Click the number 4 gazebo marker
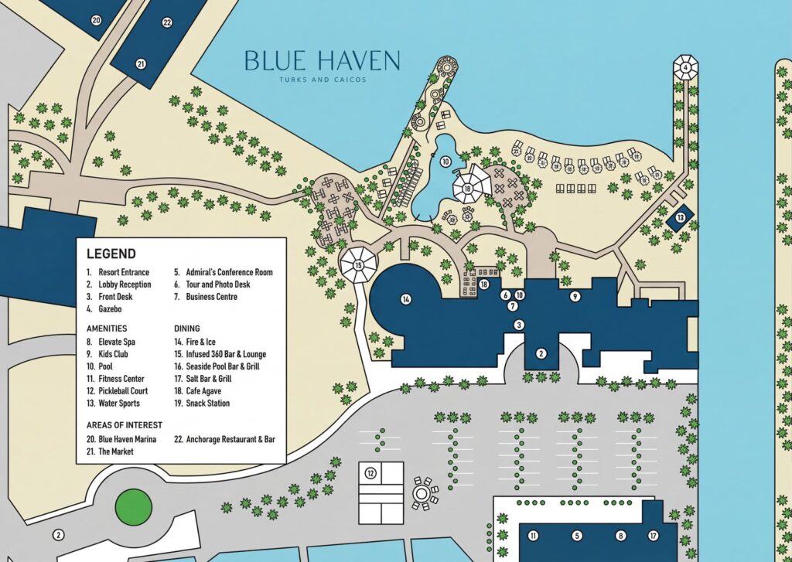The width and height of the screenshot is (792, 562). [x=685, y=68]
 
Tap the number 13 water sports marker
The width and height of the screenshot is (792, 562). [x=680, y=219]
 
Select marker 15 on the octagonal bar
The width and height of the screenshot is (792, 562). [x=358, y=265]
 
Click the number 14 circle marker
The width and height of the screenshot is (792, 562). [x=405, y=298]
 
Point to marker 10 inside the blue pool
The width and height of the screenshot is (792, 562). [x=445, y=162]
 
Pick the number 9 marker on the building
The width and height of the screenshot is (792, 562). [x=575, y=296]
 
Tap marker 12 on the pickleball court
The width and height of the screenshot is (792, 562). [x=370, y=472]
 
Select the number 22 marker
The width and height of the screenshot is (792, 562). [x=167, y=22]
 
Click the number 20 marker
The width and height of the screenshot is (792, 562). [x=97, y=20]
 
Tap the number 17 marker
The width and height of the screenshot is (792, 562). [x=654, y=535]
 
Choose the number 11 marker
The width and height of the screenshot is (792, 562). [x=533, y=535]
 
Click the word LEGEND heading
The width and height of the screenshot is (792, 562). [x=111, y=254]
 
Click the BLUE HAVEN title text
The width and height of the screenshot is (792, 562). [x=322, y=60]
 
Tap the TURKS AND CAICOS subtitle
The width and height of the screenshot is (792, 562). [x=322, y=80]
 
